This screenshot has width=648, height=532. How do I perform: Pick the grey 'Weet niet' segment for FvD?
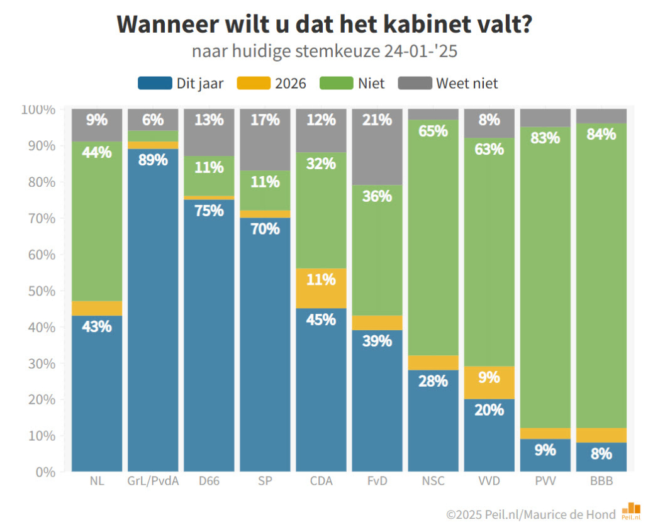click(x=377, y=147)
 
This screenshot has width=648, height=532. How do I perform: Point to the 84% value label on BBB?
click(x=601, y=134)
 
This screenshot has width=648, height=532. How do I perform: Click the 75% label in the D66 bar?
click(x=209, y=211)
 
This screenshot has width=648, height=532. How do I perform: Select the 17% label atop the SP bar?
click(x=265, y=119)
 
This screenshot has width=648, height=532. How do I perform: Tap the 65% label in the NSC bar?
click(x=433, y=131)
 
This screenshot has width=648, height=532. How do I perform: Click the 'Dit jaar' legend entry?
click(x=181, y=83)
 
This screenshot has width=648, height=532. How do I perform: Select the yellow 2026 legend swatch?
click(x=254, y=83)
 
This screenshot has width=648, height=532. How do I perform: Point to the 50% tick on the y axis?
click(x=39, y=291)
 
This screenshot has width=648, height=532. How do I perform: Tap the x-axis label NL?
click(x=97, y=482)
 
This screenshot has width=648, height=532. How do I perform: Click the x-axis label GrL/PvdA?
click(x=152, y=482)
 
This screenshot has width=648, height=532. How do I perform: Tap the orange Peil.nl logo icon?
click(x=630, y=511)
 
